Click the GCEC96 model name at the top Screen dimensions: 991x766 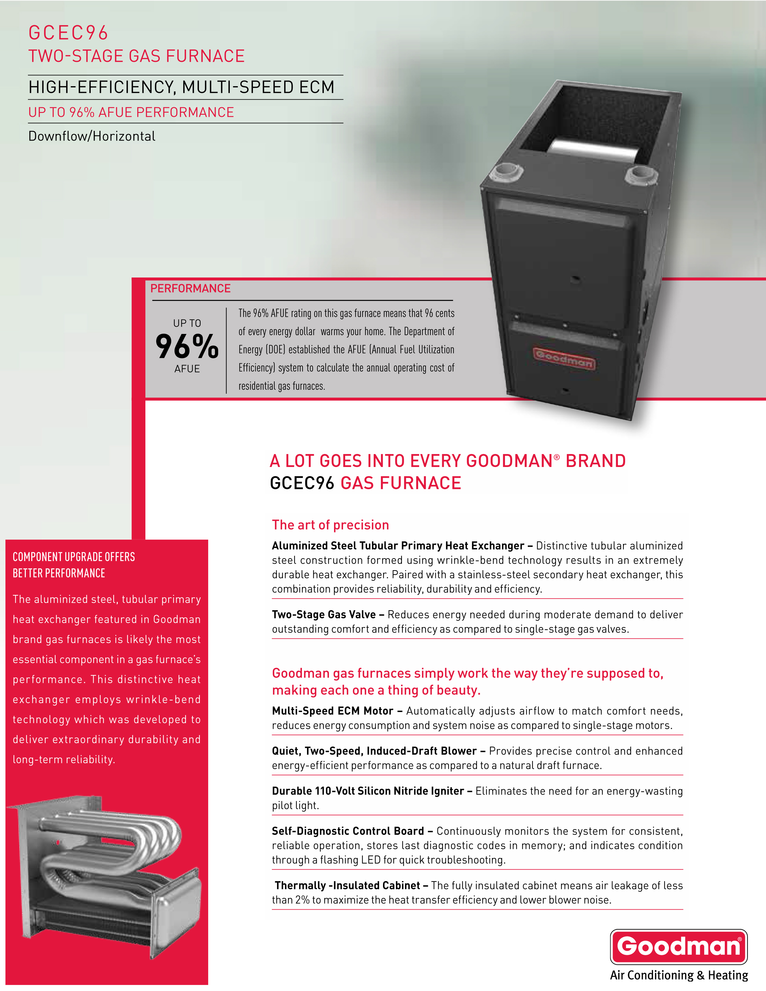click(68, 33)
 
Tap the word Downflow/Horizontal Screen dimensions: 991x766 click(92, 136)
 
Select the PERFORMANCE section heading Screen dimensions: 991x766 click(190, 289)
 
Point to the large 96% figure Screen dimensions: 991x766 click(187, 346)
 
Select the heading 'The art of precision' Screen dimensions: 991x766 click(330, 525)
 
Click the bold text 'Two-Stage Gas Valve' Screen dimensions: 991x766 click(324, 614)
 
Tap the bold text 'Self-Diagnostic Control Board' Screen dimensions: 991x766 click(348, 831)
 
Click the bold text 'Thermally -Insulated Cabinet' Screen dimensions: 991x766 click(347, 885)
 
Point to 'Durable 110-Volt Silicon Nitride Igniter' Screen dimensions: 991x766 click(368, 791)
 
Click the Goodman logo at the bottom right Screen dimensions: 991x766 click(678, 947)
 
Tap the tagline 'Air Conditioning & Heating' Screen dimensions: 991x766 click(678, 975)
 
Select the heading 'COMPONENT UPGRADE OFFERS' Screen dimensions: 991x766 click(74, 557)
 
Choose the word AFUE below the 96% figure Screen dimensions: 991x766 click(187, 369)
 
